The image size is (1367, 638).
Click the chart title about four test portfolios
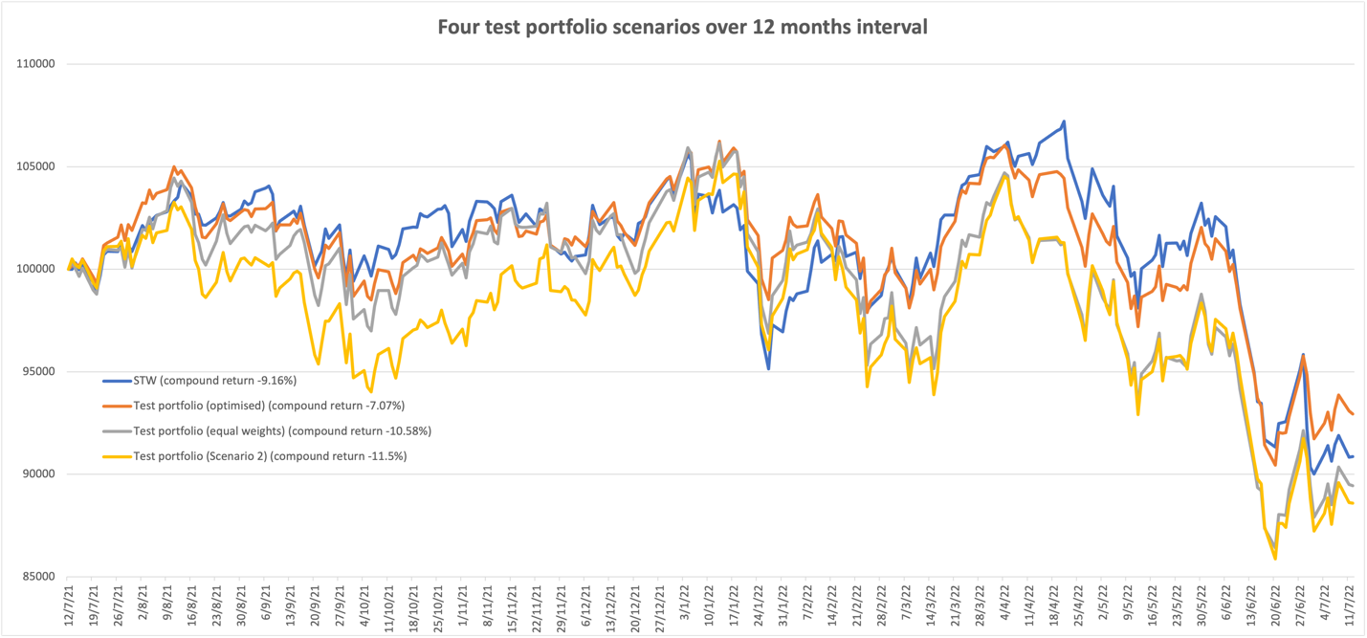[x=682, y=27]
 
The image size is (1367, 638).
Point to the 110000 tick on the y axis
[x=36, y=64]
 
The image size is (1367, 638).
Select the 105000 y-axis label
[x=36, y=166]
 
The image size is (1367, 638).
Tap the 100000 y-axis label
[x=36, y=269]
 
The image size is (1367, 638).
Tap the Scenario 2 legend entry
[x=270, y=456]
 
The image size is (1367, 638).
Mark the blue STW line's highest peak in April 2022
[x=1064, y=121]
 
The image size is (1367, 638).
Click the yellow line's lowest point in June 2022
[x=1275, y=559]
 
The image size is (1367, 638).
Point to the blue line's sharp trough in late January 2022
[x=768, y=368]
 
